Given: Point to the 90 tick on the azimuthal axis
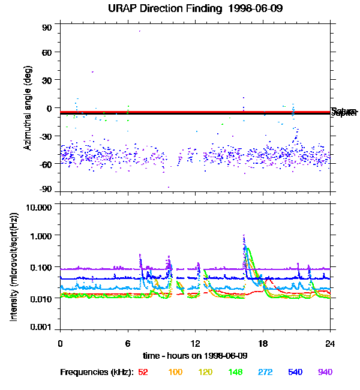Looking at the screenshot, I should [47, 28].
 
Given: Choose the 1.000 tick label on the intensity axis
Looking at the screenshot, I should [41, 236].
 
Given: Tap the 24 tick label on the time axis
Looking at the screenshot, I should [330, 343].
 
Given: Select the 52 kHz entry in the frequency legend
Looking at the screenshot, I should [143, 373].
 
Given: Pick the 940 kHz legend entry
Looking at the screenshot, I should [325, 373].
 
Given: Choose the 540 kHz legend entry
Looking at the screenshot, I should [295, 373].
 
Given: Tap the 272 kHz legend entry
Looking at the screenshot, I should [264, 373].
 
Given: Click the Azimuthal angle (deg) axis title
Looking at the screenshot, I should [28, 108].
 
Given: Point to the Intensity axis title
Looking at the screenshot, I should [13, 268].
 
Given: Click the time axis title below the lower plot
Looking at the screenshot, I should [195, 356].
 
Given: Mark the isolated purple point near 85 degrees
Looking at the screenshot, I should [140, 31].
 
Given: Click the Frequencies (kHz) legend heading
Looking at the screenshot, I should [96, 373].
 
